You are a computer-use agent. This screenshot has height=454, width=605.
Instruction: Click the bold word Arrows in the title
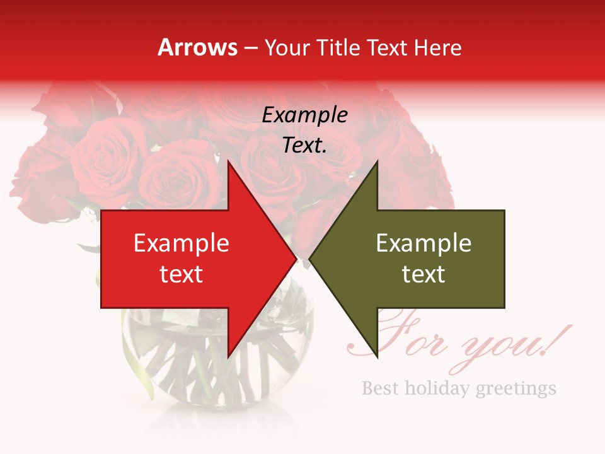pyautogui.click(x=197, y=47)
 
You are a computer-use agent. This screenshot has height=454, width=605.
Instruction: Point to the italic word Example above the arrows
pyautogui.click(x=305, y=115)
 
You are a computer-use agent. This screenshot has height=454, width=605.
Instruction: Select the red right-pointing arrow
pyautogui.click(x=189, y=259)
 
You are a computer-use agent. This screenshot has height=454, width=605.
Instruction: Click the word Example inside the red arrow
pyautogui.click(x=181, y=243)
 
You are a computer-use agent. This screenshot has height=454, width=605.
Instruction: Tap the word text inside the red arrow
pyautogui.click(x=181, y=274)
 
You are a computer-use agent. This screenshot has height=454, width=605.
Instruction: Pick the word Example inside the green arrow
pyautogui.click(x=423, y=243)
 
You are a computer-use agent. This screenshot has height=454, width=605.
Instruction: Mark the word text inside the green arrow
pyautogui.click(x=423, y=274)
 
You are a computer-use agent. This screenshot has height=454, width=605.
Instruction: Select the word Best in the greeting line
pyautogui.click(x=380, y=387)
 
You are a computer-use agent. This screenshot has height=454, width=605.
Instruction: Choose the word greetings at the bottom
pyautogui.click(x=516, y=388)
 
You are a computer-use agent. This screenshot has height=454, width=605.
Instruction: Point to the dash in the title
pyautogui.click(x=251, y=48)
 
